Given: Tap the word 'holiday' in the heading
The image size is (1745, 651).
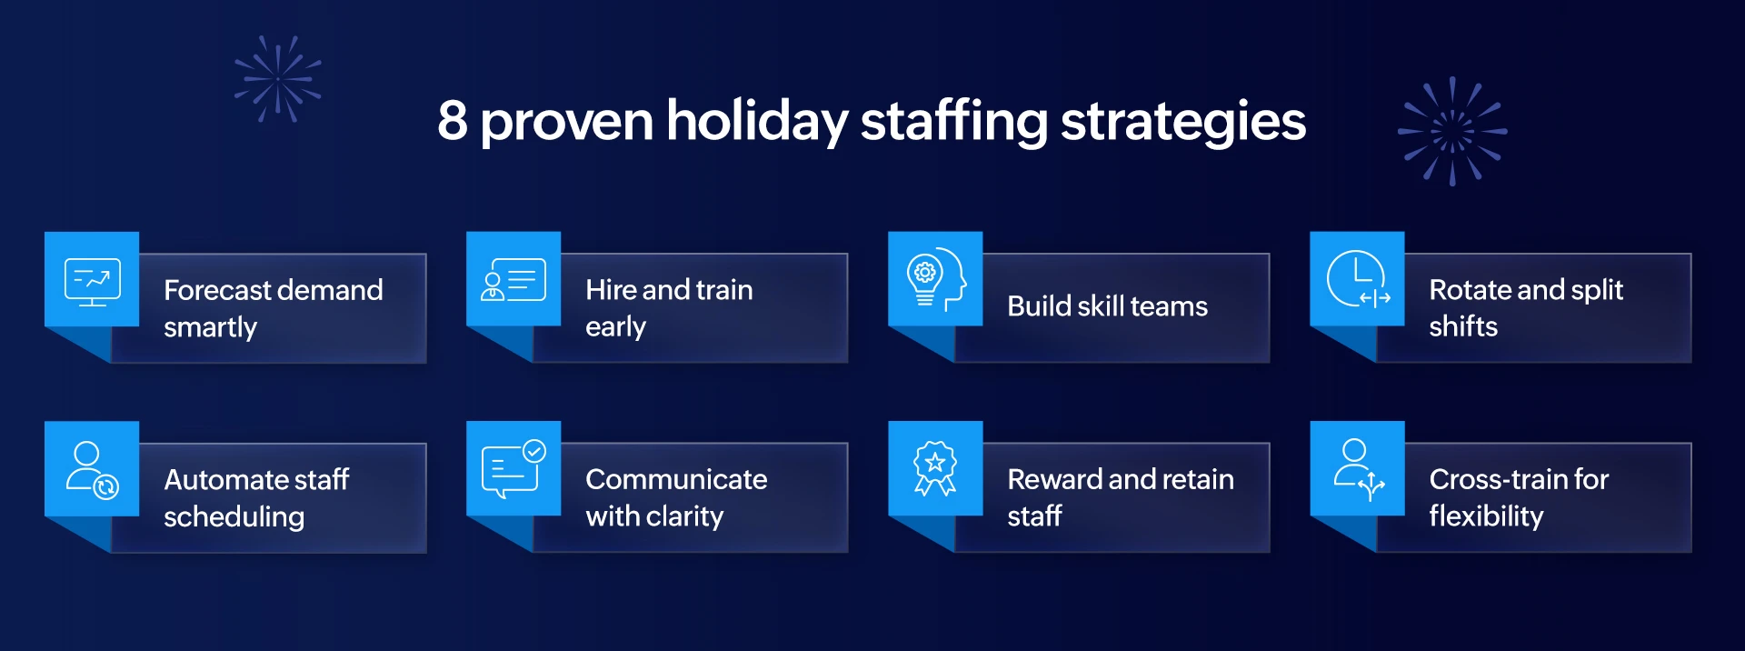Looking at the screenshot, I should coord(756,122).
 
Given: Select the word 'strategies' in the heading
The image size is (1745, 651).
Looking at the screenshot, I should coord(1182,122).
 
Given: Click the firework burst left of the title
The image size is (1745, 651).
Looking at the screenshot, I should coord(277,79).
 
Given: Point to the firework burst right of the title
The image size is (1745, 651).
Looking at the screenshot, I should coord(1451,132).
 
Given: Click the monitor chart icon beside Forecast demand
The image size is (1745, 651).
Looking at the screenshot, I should coord(92,281).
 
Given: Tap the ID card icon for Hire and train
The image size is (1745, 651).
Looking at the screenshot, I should coord(514,280).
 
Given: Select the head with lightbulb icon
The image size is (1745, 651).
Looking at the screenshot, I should coord(935,279).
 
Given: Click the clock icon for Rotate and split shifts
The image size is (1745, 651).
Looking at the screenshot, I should coord(1357,279).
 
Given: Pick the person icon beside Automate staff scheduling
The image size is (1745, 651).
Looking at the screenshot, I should coord(92,470).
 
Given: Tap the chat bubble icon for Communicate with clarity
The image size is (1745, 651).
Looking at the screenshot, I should coord(514,469).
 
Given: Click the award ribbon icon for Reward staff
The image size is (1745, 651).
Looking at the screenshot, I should coord(935,468).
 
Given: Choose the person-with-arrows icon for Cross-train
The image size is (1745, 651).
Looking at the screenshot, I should coord(1357,469).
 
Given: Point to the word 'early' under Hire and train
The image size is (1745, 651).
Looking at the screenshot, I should coord(615,327).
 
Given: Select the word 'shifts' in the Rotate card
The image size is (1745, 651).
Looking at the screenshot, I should coord(1462,326).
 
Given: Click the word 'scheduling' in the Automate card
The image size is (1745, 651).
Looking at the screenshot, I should coord(234,517).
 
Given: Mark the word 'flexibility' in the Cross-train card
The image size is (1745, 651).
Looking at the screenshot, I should coord(1485,516).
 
